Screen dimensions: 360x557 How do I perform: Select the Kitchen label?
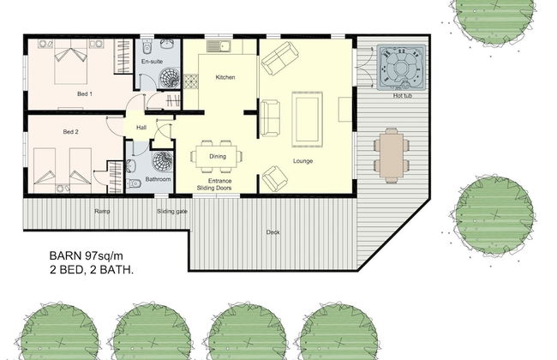tap(225, 78)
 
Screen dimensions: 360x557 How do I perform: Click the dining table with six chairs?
tap(218, 156)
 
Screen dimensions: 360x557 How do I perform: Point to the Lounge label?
tap(302, 160)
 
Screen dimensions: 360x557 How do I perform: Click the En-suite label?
tap(152, 62)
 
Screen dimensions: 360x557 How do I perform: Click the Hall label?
tap(141, 129)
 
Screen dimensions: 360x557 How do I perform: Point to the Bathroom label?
tap(158, 180)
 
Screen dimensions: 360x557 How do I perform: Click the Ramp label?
tap(101, 209)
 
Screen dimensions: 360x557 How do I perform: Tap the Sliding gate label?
tap(172, 209)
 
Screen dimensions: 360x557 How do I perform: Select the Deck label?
tap(273, 232)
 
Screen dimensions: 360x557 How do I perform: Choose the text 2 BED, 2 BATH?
tap(95, 270)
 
